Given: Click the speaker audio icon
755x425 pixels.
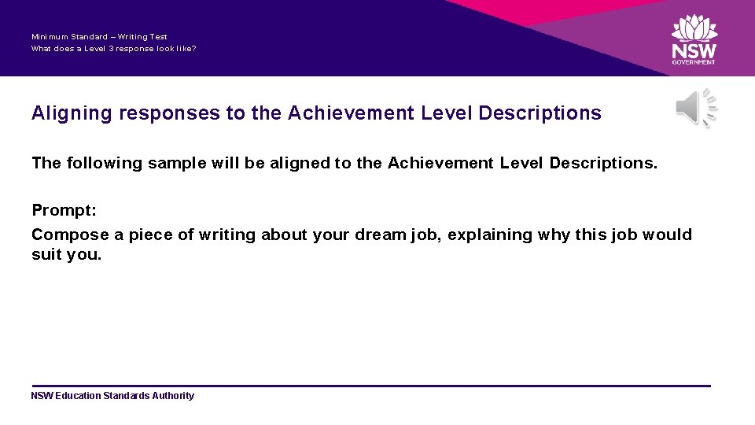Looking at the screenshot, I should (696, 109).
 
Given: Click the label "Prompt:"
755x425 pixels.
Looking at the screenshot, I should (64, 210).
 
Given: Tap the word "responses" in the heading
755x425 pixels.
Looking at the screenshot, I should (169, 113).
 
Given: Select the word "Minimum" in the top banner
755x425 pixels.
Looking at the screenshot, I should (50, 37).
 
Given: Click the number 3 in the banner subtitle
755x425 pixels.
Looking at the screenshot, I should (100, 48).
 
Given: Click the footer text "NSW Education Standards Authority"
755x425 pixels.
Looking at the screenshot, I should (112, 396).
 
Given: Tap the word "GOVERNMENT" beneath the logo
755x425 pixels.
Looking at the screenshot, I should (694, 62).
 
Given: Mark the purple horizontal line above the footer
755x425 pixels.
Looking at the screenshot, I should (370, 386).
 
